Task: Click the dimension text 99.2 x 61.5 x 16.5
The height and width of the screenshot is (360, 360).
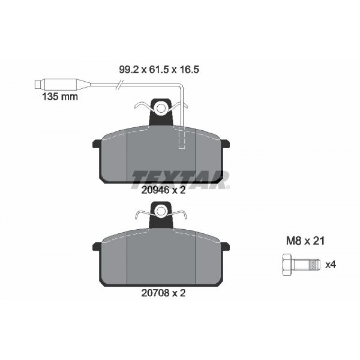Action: [x=159, y=69]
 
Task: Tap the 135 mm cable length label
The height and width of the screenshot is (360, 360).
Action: [x=60, y=96]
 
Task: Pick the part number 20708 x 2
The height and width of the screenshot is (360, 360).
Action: [x=163, y=293]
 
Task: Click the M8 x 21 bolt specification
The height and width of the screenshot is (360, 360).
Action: [x=305, y=241]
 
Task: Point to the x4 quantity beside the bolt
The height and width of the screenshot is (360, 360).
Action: [x=330, y=265]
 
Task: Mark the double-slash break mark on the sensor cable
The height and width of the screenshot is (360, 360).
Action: [x=120, y=84]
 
